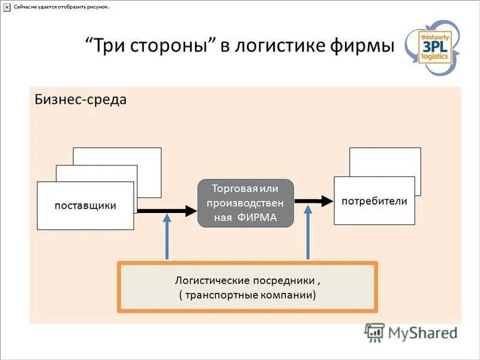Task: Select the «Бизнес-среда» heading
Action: click(80, 99)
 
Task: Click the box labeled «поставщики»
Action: click(85, 206)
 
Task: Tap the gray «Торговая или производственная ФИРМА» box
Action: click(245, 203)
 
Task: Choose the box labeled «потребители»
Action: click(374, 201)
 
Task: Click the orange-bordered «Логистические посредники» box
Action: click(247, 287)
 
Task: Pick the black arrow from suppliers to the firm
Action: click(167, 211)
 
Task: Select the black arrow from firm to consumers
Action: click(314, 201)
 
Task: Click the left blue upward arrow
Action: click(167, 237)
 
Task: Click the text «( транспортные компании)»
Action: click(247, 295)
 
